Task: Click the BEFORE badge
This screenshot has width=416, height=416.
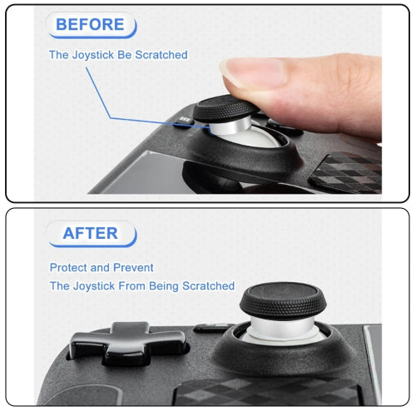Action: click(x=91, y=24)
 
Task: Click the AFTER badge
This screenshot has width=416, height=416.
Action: click(x=90, y=233)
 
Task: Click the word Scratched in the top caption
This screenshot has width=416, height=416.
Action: click(x=161, y=55)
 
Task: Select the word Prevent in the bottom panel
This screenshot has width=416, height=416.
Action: click(x=134, y=268)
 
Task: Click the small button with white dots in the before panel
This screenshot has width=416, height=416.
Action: click(x=184, y=124)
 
